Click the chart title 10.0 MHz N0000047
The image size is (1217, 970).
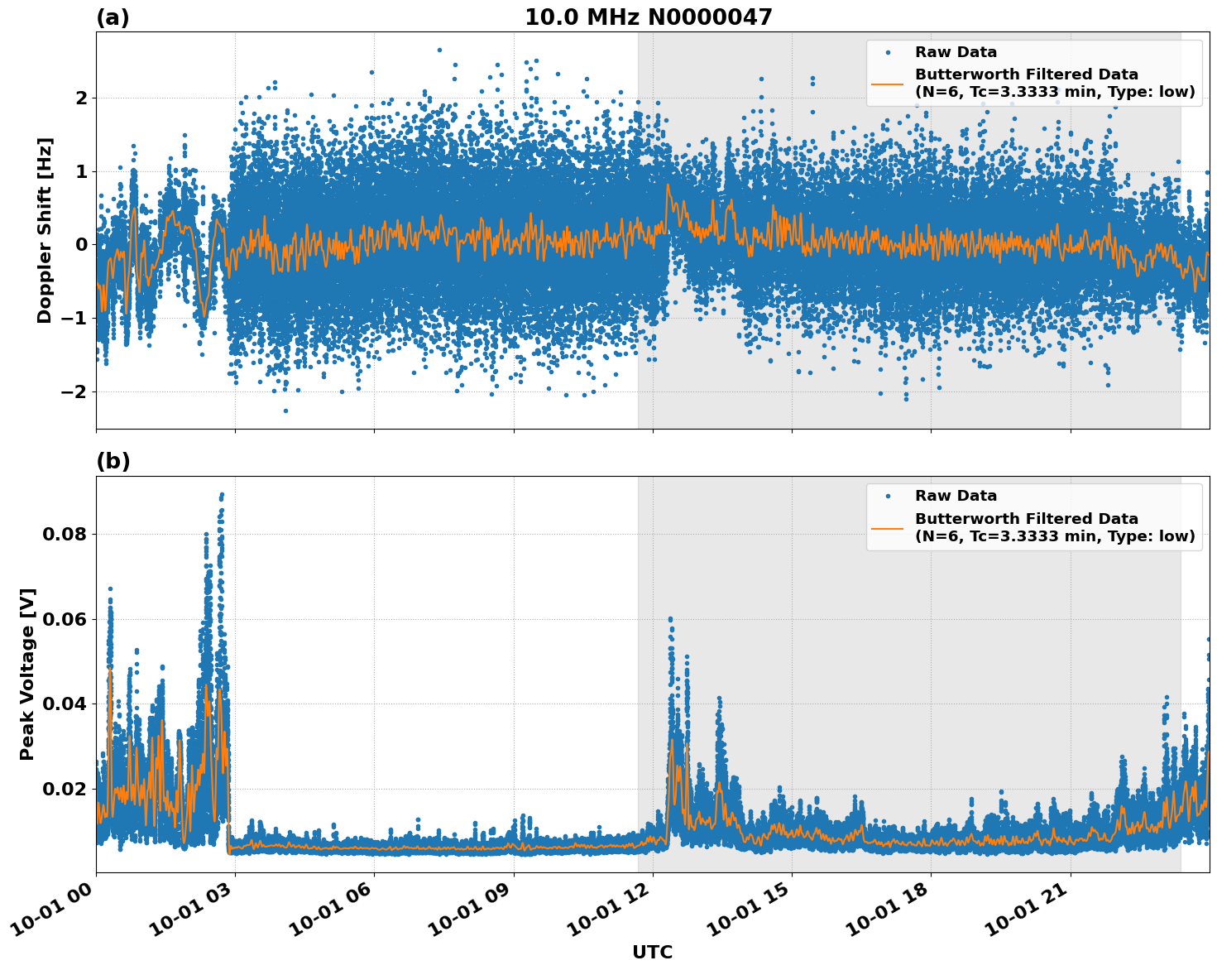648,17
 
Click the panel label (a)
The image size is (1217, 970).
113,17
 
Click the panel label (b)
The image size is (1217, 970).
113,461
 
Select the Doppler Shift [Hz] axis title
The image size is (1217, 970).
45,230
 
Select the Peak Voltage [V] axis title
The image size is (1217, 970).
27,674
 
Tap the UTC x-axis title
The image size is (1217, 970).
652,952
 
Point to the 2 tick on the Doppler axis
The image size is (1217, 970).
81,98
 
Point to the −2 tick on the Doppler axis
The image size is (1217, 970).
74,391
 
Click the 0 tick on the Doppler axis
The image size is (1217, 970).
81,245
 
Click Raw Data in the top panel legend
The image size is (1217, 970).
956,52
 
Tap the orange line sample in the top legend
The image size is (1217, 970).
887,84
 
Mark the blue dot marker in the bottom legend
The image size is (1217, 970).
887,496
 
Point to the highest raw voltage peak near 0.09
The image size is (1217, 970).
222,495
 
